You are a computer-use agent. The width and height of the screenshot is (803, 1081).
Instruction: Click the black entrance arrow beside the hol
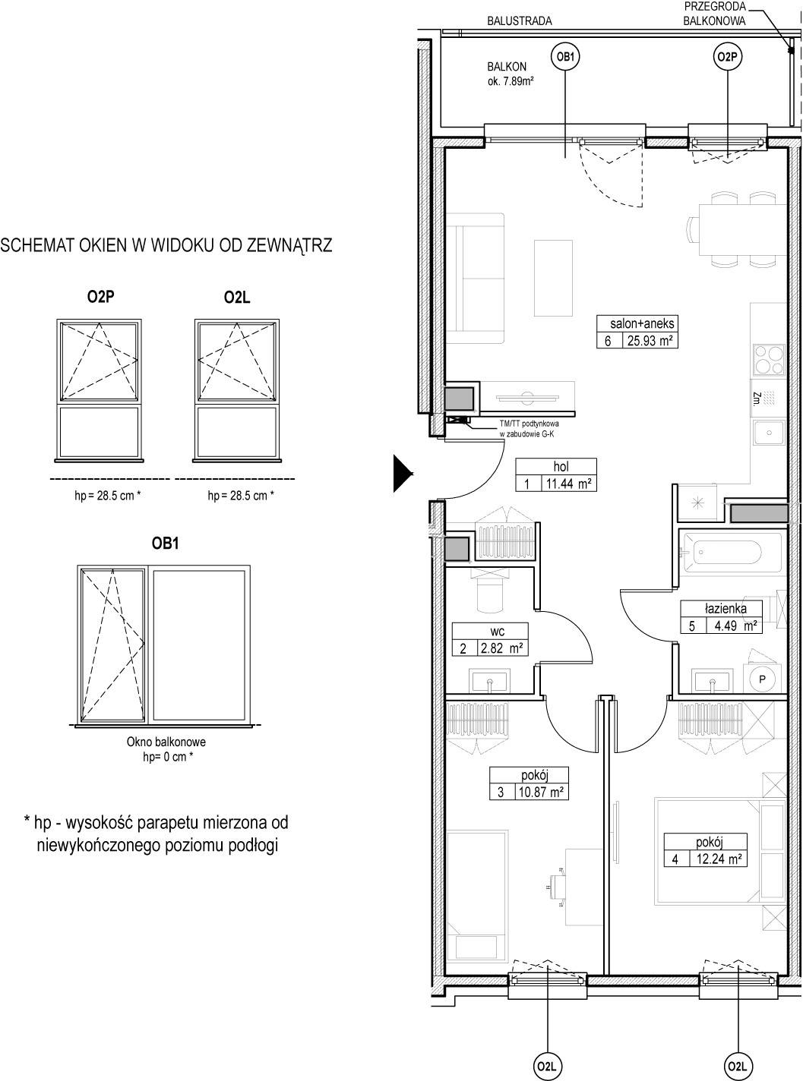tap(403, 473)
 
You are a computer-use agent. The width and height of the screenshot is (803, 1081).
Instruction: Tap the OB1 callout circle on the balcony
tap(565, 57)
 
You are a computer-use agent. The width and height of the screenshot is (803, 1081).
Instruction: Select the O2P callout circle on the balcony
tap(727, 57)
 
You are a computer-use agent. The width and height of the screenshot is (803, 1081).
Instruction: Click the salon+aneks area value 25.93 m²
tap(650, 340)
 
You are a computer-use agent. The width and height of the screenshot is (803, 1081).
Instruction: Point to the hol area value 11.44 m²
tap(568, 484)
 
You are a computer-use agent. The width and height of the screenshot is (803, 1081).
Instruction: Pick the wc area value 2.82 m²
tap(501, 648)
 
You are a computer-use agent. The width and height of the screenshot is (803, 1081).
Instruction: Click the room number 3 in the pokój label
tap(501, 792)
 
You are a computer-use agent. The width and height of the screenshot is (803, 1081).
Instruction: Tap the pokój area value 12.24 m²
tap(719, 859)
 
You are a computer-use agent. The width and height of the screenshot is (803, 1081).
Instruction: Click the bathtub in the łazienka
tap(722, 552)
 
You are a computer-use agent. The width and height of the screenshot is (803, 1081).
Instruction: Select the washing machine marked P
tap(761, 679)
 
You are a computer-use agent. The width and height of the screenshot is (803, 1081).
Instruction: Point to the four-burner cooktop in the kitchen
tap(768, 359)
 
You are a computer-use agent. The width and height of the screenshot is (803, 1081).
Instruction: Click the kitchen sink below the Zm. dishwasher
tap(769, 433)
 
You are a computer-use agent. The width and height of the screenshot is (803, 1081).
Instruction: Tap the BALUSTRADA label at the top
tap(520, 21)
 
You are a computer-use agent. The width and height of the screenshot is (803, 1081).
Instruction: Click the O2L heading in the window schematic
tap(236, 297)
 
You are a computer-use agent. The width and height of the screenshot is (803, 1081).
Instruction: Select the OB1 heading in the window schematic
tap(165, 544)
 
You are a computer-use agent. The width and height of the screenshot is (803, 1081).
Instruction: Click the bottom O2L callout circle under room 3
tap(548, 1067)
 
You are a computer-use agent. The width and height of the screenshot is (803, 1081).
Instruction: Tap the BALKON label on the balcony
tap(507, 67)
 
